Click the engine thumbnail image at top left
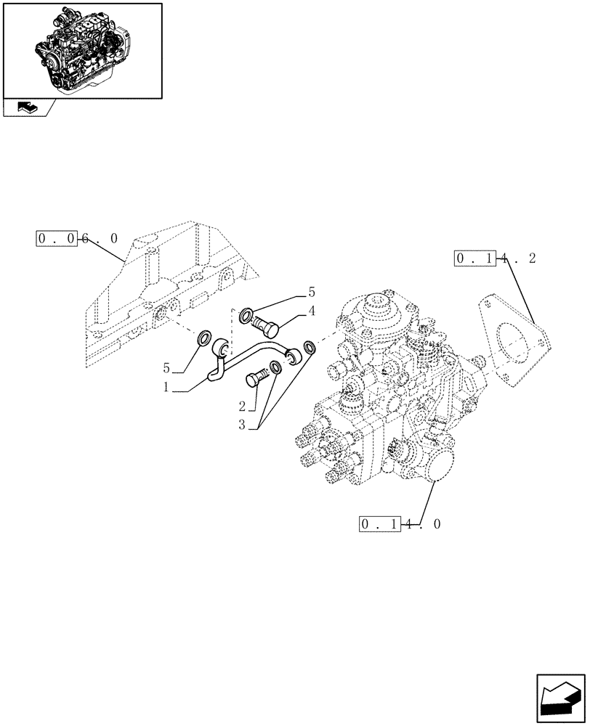point(82,50)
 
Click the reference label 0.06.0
point(77,239)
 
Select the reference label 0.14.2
point(496,258)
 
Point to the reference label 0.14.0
point(400,523)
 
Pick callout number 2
point(241,404)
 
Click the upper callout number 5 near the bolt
point(312,293)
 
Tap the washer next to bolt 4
point(246,316)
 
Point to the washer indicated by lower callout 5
point(203,338)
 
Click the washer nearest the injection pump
point(310,348)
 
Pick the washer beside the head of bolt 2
point(277,367)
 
